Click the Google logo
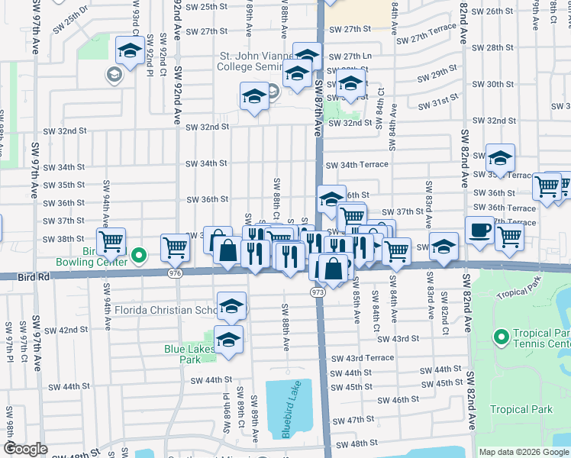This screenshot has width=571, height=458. (26, 449)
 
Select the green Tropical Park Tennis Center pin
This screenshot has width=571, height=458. (501, 337)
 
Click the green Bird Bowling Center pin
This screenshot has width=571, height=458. (138, 255)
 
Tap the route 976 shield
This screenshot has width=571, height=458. (176, 273)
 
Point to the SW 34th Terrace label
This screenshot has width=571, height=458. (357, 165)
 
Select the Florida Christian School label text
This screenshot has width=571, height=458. (164, 311)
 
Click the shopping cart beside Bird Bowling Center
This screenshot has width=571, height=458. (111, 241)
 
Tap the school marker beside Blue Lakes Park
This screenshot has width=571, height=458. (228, 339)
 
